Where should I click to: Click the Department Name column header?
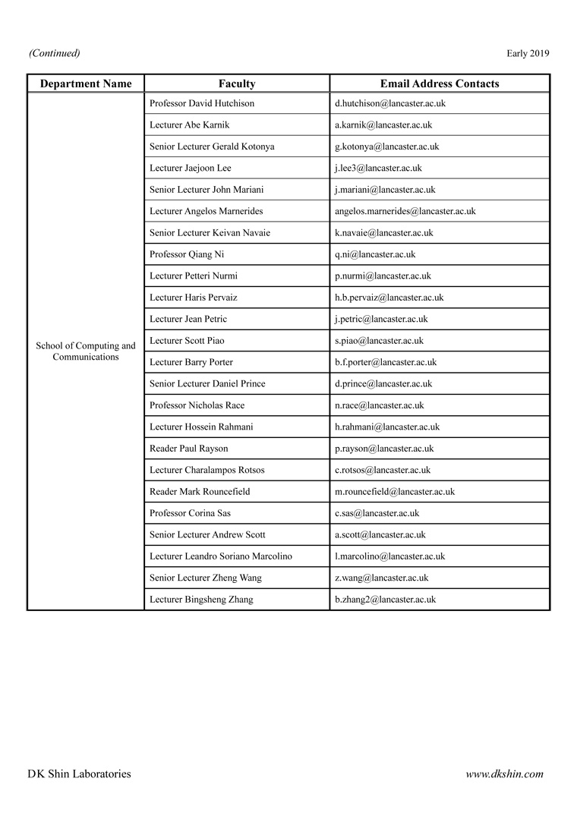pos(86,83)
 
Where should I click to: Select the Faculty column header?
pos(237,83)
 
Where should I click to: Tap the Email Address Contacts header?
pos(440,83)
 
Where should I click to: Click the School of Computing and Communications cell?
pos(86,351)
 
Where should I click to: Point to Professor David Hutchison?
pos(202,103)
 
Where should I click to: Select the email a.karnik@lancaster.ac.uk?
pos(383,124)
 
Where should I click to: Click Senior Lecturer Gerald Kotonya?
pos(213,147)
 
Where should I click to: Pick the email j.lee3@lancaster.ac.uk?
pos(378,168)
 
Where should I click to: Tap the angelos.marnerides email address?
pos(405,211)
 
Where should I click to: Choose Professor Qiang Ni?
pos(187,254)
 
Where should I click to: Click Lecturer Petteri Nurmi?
pos(194,276)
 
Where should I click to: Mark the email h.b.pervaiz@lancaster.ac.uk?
pos(389,298)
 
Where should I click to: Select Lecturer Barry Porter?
pos(191,362)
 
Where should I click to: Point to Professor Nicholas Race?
pos(197,405)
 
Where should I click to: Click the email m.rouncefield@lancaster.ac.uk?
pos(395,492)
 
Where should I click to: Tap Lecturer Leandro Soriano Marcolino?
pos(221,556)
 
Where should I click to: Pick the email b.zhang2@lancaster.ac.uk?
pos(385,600)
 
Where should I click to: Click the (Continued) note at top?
pos(55,53)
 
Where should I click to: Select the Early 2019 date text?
pos(528,53)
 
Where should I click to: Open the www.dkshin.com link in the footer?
pos(504,774)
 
